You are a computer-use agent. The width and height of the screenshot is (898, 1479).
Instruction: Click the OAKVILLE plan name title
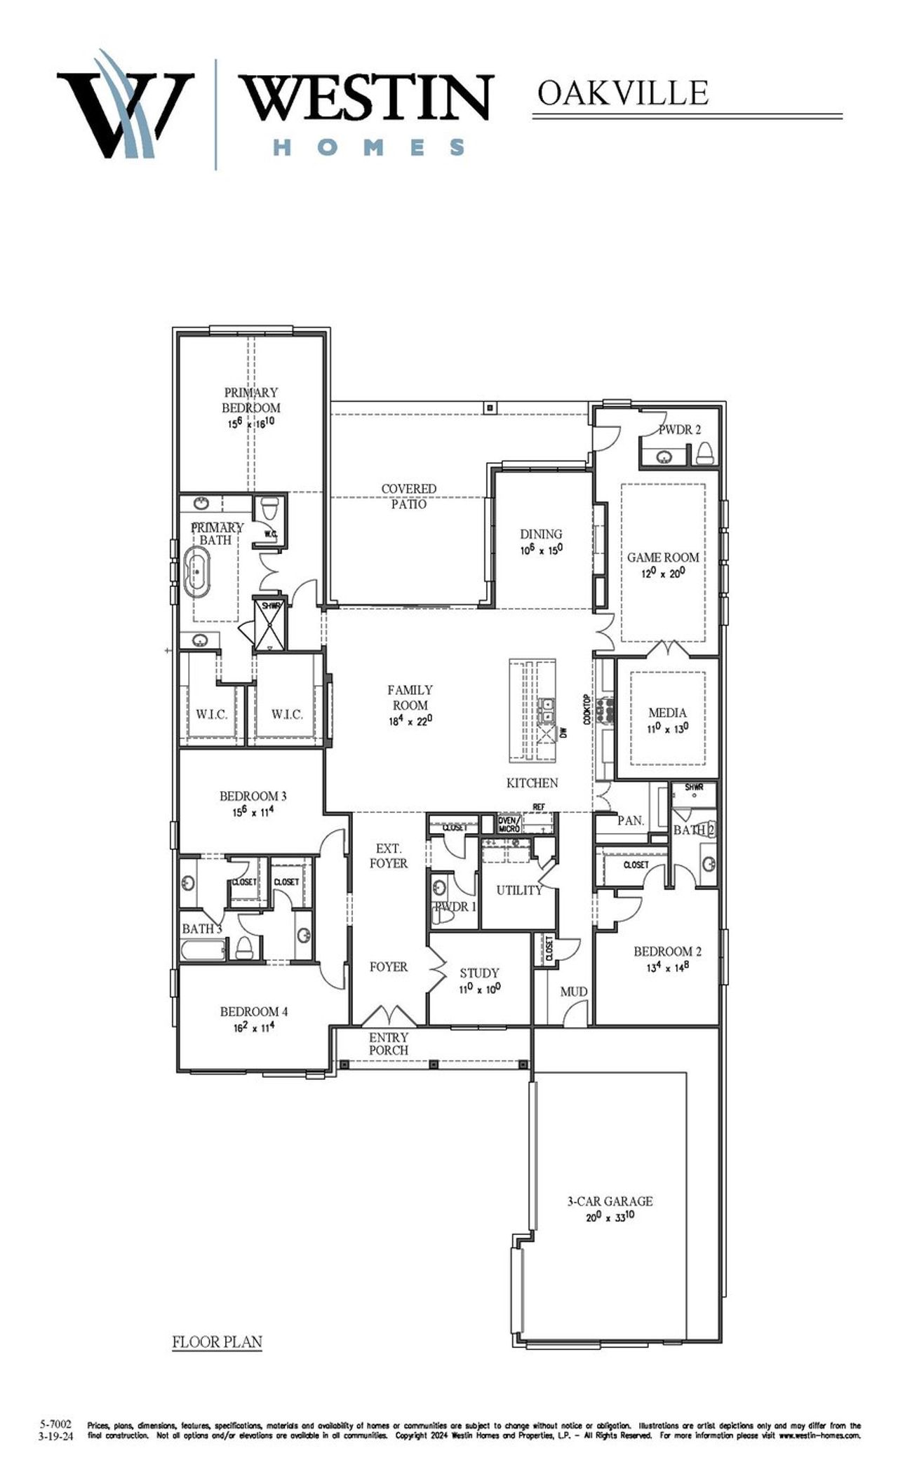point(622,94)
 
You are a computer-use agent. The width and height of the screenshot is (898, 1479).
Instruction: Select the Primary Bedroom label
point(251,400)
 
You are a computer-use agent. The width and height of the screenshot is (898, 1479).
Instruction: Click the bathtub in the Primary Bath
point(197,572)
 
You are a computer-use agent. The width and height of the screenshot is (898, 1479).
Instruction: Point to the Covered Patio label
point(408,496)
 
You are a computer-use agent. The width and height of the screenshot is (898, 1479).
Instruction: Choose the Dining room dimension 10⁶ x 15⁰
point(541,551)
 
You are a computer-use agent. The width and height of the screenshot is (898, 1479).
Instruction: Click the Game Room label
point(662,558)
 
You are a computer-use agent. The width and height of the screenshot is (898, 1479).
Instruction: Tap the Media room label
point(667,713)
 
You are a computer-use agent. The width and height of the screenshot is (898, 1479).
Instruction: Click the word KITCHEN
point(532,783)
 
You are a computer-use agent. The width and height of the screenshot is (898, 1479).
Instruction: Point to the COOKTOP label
point(587,710)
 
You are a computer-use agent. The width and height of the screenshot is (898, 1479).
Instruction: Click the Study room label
point(479,973)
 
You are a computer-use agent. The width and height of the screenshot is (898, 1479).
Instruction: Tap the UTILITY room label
point(519,890)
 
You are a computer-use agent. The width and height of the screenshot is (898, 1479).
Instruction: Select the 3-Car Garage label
point(610,1201)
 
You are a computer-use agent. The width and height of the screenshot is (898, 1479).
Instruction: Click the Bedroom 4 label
point(253,1011)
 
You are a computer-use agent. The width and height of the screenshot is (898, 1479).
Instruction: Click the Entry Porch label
point(389,1044)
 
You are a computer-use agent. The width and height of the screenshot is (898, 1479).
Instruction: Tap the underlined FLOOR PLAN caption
point(217,1342)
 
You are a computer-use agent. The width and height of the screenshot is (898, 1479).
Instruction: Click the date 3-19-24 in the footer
point(55,1436)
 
